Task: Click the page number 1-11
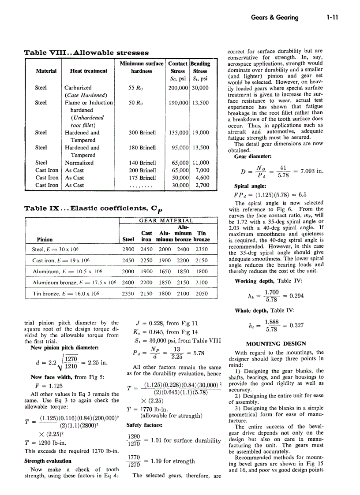(x=332, y=18)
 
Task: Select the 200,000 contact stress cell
(x=178, y=88)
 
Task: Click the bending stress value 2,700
(x=202, y=186)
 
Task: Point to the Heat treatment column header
(x=88, y=71)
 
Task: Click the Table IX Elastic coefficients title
(x=91, y=208)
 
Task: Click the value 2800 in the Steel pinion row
(x=128, y=249)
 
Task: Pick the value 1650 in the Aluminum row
(x=165, y=272)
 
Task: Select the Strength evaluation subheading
(x=48, y=461)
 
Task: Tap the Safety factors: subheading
(x=144, y=425)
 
